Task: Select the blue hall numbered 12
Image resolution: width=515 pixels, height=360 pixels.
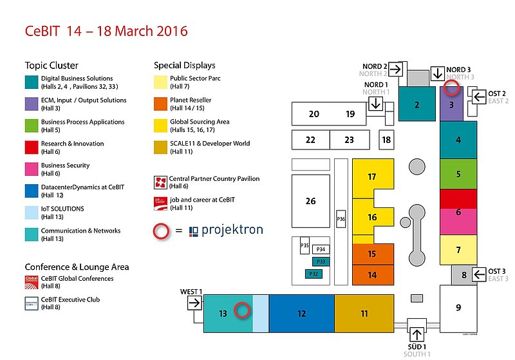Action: pyautogui.click(x=301, y=314)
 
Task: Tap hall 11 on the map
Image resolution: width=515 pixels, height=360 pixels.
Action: pyautogui.click(x=364, y=314)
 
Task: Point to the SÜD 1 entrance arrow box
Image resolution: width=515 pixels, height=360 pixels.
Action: pyautogui.click(x=417, y=334)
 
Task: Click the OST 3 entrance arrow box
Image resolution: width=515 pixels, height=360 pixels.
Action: pyautogui.click(x=480, y=275)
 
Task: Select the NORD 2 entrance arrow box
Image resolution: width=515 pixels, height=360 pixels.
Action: pyautogui.click(x=395, y=69)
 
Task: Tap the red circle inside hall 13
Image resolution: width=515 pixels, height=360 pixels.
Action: pyautogui.click(x=242, y=310)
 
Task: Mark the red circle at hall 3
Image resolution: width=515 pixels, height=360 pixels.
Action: pyautogui.click(x=453, y=89)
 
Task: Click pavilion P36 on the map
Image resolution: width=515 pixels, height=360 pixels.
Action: pyautogui.click(x=341, y=220)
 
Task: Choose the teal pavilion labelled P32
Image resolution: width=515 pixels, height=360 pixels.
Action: pyautogui.click(x=314, y=274)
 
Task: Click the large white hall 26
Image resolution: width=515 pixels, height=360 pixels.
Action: pyautogui.click(x=311, y=202)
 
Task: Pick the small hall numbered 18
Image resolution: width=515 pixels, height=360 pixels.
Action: pyautogui.click(x=386, y=139)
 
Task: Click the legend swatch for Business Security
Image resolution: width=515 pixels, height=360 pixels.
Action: pyautogui.click(x=32, y=169)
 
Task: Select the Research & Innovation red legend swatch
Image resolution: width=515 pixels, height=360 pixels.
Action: pyautogui.click(x=32, y=147)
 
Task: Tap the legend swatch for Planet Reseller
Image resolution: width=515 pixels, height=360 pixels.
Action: pyautogui.click(x=160, y=104)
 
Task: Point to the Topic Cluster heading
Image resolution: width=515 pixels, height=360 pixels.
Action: pyautogui.click(x=51, y=66)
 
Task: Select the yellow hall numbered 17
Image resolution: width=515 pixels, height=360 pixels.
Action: pyautogui.click(x=371, y=177)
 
